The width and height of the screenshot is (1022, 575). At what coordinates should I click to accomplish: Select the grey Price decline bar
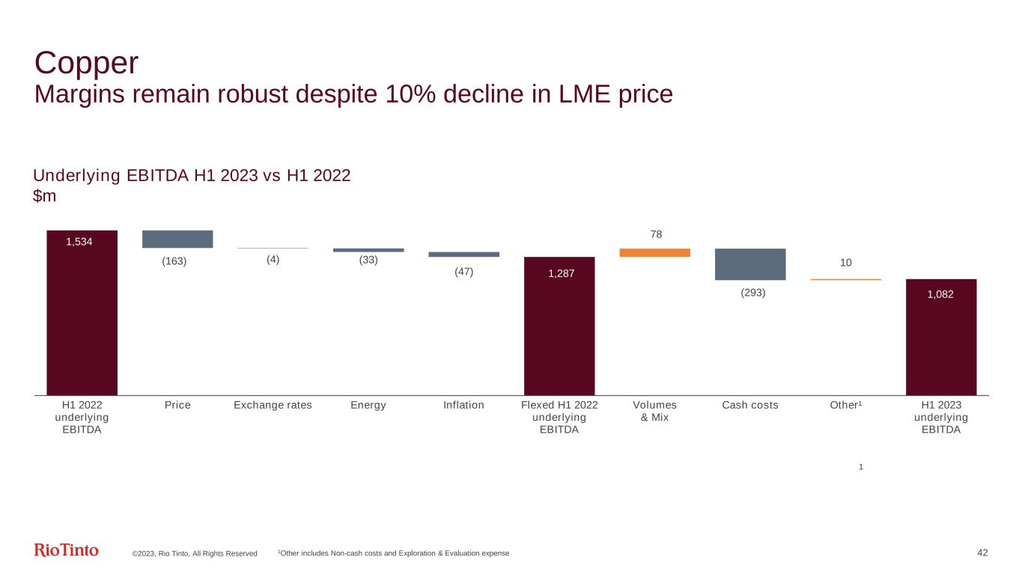pos(177,239)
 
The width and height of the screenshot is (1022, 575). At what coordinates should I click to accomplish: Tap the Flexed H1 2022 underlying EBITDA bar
pos(559,326)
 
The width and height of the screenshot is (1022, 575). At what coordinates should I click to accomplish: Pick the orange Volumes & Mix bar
pos(654,252)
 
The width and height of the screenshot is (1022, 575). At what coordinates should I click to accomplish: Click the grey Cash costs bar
pos(750,264)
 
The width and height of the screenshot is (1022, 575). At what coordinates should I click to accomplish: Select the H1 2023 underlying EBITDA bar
pos(941,337)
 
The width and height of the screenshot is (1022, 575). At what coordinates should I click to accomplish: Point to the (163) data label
pos(174,261)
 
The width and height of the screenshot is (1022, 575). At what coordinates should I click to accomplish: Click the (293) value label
pos(753,293)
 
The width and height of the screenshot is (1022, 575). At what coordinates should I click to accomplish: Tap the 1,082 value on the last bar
pos(941,294)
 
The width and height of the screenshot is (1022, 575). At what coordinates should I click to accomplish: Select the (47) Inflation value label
pos(463,272)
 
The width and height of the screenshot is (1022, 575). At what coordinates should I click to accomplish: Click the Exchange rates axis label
pos(273,405)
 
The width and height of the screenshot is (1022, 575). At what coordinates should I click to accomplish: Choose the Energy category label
pos(368,405)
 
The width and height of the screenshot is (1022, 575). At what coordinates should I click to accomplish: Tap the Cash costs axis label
pos(750,405)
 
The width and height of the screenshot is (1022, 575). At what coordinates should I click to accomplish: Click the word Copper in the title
pos(87,63)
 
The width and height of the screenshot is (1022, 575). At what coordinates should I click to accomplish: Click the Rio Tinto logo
pos(67,550)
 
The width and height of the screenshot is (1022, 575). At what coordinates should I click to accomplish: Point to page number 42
pos(983,553)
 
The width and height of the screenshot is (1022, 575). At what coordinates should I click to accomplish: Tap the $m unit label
pos(45,195)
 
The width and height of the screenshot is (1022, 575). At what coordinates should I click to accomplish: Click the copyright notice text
pos(195,553)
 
